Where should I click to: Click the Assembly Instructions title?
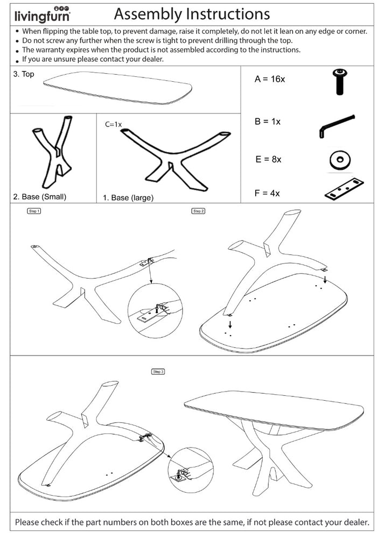coord(192,13)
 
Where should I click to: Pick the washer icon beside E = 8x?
coord(339,160)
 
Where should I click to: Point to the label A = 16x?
coord(269,79)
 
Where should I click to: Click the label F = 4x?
coord(267,193)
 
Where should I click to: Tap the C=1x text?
coord(114,124)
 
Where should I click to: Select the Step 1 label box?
coord(34,211)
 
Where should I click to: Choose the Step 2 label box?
coord(198,211)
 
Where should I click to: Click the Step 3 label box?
coord(158,371)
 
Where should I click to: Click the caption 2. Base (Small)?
coord(39,197)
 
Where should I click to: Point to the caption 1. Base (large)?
coord(128,198)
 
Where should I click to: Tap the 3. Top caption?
coord(24,74)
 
